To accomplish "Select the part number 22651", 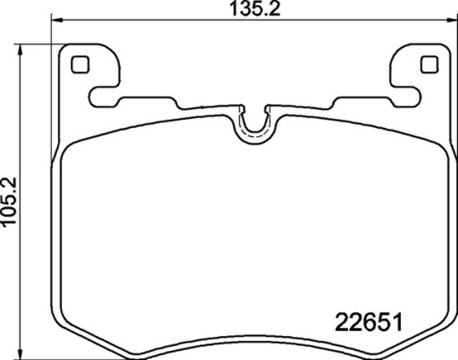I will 367,320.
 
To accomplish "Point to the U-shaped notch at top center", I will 254,123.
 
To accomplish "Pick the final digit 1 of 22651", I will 394,320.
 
